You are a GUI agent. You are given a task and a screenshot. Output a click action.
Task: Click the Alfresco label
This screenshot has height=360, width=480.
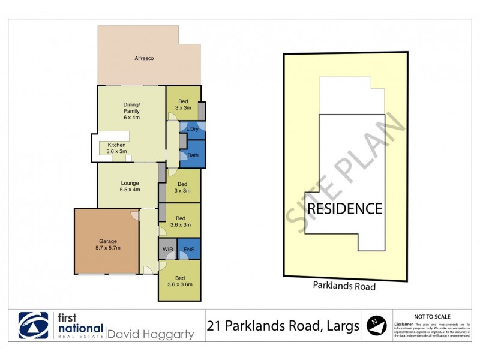(x=144, y=58)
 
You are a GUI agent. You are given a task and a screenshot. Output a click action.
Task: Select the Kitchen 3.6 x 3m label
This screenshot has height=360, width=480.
(x=116, y=148)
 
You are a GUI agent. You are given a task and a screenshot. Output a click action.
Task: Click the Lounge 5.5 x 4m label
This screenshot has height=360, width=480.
(x=130, y=187)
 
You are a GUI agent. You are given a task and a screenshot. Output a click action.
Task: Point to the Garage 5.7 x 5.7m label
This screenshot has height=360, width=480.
(x=109, y=244)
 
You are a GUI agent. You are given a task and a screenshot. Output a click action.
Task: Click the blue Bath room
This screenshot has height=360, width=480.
(x=193, y=155)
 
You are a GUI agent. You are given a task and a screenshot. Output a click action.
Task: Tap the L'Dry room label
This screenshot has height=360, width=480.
(x=193, y=130)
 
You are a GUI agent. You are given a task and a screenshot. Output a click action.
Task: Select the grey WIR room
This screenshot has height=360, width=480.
(x=167, y=248)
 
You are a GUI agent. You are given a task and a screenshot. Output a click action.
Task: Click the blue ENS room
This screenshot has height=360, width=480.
(x=189, y=248)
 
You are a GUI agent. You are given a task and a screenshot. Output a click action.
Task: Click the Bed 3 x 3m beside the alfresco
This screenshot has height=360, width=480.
(x=182, y=103)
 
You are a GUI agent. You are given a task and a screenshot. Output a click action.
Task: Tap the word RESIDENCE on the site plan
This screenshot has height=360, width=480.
(x=344, y=209)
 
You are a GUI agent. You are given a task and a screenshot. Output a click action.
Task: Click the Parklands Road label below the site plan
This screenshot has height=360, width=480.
(x=344, y=286)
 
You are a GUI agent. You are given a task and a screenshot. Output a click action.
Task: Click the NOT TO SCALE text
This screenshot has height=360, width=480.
(x=433, y=316)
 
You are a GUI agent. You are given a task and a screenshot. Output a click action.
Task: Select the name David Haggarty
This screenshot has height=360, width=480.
(x=151, y=334)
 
